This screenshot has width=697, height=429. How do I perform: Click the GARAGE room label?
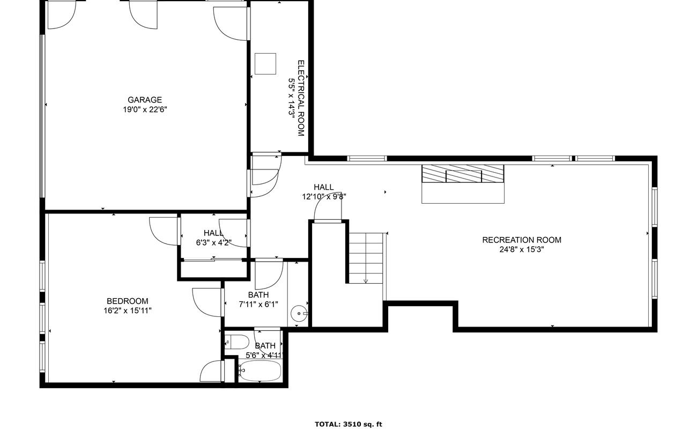145,100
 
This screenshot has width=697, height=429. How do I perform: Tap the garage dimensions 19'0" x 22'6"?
145,109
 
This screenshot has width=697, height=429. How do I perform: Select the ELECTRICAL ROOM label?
301,98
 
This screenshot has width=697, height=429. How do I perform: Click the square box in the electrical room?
265,64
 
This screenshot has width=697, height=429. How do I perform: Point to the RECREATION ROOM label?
522,240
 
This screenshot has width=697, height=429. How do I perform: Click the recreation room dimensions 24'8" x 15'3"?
522,249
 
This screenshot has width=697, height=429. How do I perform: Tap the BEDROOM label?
128,301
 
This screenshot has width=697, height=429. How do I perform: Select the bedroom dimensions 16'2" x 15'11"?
128,310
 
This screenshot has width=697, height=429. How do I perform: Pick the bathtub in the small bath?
261,371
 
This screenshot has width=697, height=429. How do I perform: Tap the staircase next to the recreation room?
366,258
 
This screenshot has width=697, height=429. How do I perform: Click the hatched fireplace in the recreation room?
463,174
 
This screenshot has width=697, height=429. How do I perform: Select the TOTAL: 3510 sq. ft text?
349,424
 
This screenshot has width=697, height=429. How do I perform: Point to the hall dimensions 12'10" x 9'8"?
324,197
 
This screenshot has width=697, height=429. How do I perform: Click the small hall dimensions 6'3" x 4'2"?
214,242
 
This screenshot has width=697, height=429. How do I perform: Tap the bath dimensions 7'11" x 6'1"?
258,304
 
